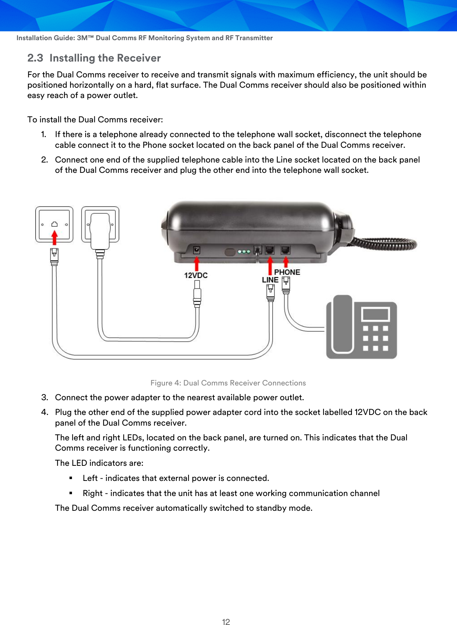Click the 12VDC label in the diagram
coord(196,275)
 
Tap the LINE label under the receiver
coord(270,280)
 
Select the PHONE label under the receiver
coord(287,272)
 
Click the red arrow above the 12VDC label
coord(197,263)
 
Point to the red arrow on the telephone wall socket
coord(55,237)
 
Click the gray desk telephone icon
coord(361,327)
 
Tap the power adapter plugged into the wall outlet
coord(100,231)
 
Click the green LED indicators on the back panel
coord(244,252)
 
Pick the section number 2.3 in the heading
coord(35,58)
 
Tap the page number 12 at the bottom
coord(226,622)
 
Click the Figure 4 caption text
coord(228,383)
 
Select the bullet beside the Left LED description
coord(71,478)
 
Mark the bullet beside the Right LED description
coord(71,493)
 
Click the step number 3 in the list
coord(45,398)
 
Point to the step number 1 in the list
coord(44,135)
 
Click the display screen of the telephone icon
coord(375,314)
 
